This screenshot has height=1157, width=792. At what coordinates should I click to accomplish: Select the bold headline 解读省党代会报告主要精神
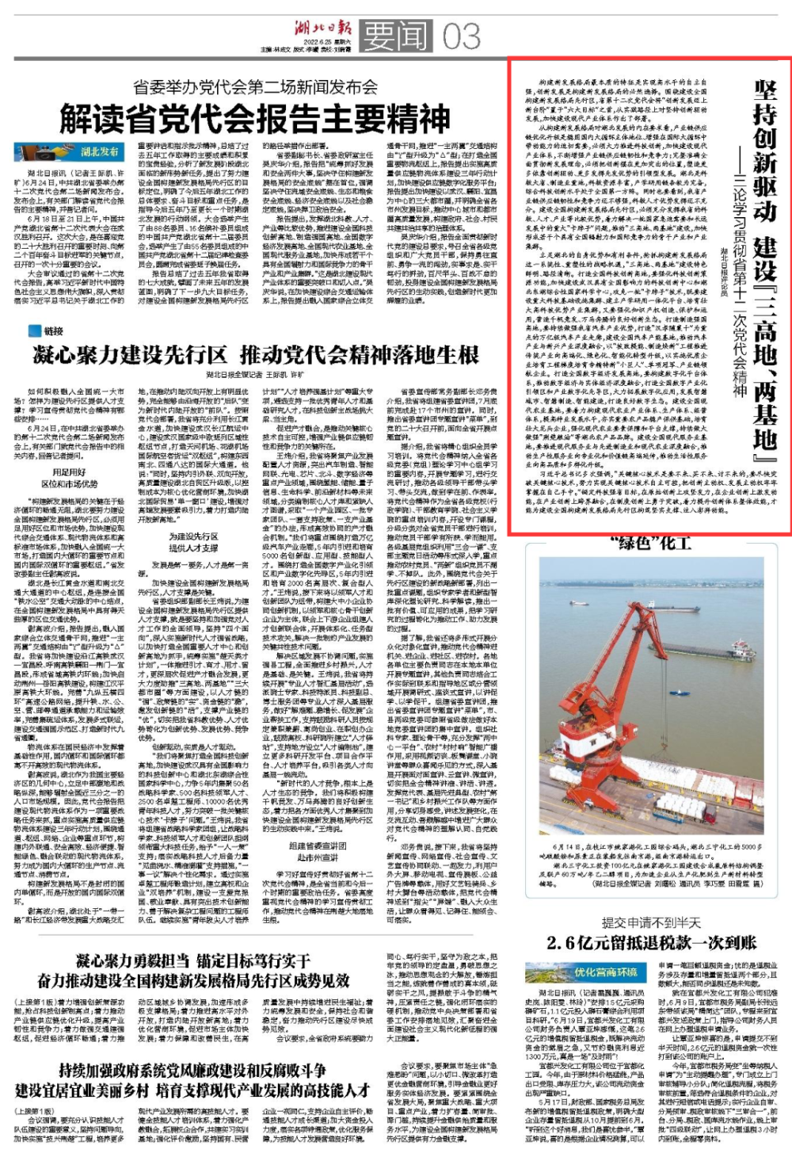point(255,120)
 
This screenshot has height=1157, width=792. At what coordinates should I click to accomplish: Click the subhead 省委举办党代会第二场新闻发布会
point(255,86)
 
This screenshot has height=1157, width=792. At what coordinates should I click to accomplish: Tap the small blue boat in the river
point(680,693)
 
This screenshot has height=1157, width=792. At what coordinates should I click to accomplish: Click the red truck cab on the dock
point(710,816)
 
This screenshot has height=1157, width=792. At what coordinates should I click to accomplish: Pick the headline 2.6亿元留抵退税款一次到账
point(651,943)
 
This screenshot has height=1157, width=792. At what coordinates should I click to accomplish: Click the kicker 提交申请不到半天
point(651,922)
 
